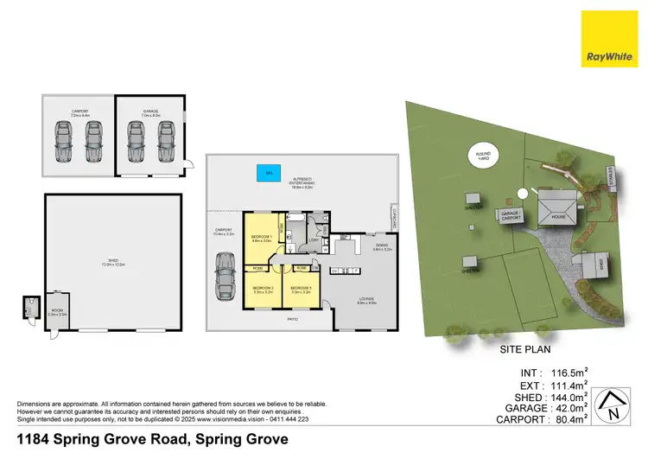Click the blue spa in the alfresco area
[268, 174]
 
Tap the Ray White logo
[610, 38]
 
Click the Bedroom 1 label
[262, 238]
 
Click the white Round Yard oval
[485, 157]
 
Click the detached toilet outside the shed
[30, 307]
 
